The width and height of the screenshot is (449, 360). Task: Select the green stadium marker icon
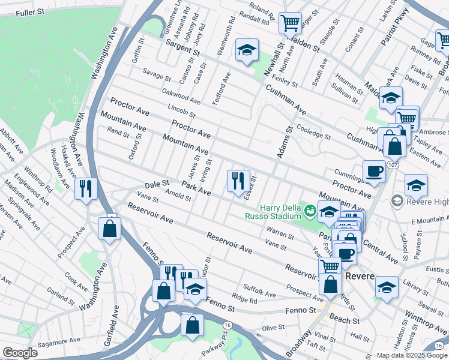point(310,211)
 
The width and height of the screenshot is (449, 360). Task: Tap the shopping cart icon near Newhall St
point(291,23)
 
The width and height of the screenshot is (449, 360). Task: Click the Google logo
point(20,353)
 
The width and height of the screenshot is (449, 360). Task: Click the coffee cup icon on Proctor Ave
point(374,172)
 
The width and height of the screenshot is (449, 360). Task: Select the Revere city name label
point(360,276)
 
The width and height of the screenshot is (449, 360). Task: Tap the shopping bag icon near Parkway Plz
point(192,325)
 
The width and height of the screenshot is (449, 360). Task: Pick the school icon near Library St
point(387,288)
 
